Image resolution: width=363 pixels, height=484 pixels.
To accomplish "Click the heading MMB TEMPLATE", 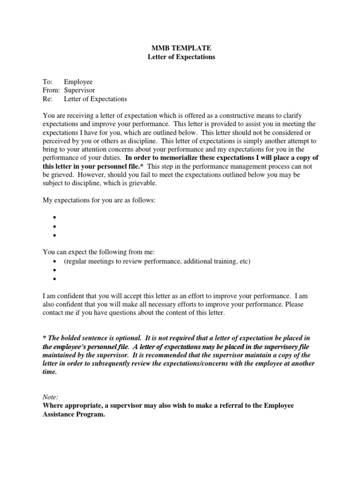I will coord(181,48).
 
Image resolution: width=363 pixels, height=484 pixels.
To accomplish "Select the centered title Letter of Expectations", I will coord(181,57).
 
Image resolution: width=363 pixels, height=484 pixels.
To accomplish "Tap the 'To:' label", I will coord(48,82).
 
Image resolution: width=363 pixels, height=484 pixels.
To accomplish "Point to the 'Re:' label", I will coord(48,99).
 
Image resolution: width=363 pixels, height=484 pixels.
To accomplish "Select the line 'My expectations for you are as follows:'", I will coord(99,201).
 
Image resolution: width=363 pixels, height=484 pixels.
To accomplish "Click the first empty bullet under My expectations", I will coord(55,218).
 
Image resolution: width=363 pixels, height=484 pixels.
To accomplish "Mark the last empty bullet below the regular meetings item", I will coord(55,279).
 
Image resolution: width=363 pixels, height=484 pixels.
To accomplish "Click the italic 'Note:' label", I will coord(51,398).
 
